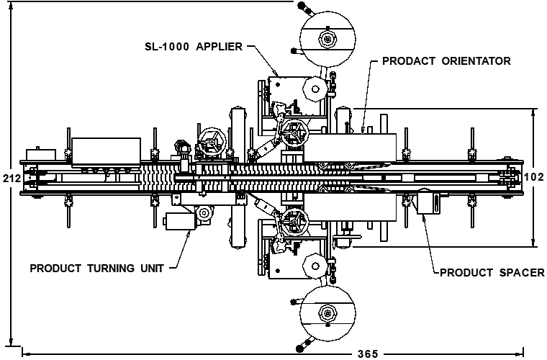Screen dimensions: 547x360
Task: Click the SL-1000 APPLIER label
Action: (194, 46)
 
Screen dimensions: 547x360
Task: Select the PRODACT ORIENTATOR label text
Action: (446, 61)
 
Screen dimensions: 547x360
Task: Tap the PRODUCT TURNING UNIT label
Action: (97, 269)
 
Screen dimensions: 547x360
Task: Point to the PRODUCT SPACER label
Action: (492, 272)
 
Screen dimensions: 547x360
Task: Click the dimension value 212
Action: (12, 179)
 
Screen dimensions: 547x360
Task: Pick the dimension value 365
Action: (368, 354)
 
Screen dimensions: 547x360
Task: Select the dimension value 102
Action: (534, 177)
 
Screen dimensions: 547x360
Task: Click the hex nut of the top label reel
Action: (327, 39)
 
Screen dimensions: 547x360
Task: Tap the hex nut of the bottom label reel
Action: (327, 313)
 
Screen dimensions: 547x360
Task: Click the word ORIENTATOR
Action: (476, 61)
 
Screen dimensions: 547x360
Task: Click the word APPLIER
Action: (219, 46)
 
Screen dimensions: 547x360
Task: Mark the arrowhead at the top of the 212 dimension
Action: (12, 7)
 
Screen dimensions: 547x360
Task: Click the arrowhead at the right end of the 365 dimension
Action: (520, 351)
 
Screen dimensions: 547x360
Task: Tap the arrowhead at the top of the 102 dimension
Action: (533, 113)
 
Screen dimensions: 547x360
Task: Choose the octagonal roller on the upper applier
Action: (315, 89)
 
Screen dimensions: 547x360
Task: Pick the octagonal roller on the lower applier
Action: (315, 266)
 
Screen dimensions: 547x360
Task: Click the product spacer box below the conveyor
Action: (428, 202)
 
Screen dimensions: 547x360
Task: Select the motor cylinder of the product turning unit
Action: (180, 222)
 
